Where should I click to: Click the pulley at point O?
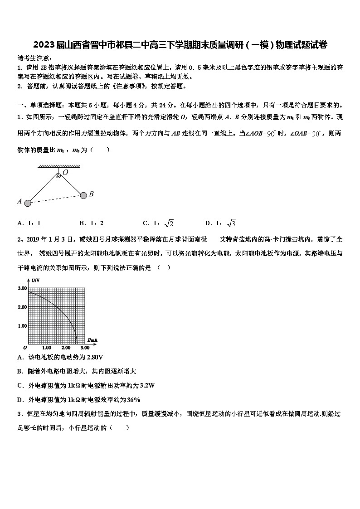58,175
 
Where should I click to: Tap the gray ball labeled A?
28,203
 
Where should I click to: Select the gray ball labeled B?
83,195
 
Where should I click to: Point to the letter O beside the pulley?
65,172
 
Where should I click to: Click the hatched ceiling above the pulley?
59,166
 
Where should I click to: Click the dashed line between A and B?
55,199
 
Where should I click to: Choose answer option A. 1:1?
29,223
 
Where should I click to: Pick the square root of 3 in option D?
231,223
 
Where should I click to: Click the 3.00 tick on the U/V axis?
22,288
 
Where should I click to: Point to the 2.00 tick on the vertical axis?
22,307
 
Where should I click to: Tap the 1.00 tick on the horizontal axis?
46,348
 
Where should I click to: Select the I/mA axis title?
93,339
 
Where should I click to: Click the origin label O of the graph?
25,348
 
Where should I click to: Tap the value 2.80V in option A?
94,357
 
